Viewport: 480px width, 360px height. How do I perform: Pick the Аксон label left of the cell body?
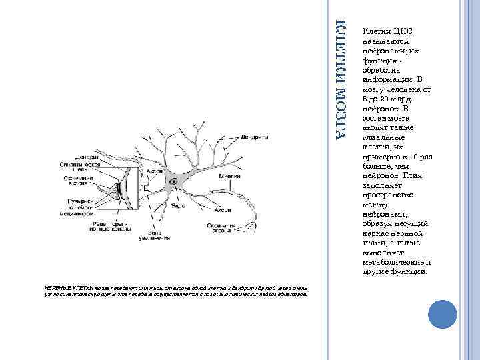pyautogui.click(x=154, y=171)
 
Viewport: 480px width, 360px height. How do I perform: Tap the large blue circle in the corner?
pyautogui.click(x=439, y=313)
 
